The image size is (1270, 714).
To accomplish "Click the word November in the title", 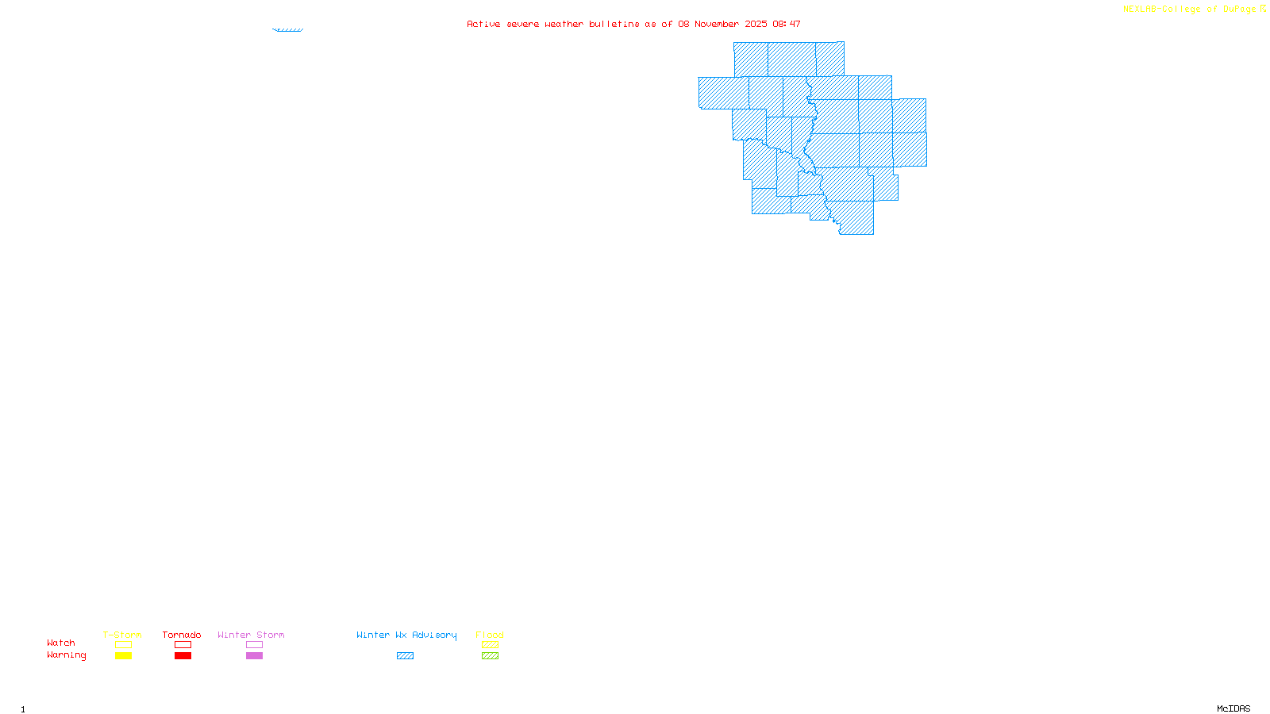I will [717, 24].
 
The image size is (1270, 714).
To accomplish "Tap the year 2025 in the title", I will [756, 24].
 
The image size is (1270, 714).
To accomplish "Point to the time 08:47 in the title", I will [787, 24].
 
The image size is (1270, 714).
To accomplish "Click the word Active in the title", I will [483, 24].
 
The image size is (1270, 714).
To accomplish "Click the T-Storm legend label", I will [122, 635].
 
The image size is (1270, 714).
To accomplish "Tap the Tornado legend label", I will [182, 635].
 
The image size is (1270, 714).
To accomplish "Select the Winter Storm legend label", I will [251, 635].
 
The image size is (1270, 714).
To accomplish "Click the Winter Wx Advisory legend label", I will [406, 635].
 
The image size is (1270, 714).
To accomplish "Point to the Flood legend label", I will [490, 635].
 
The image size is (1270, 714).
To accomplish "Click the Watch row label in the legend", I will [61, 643].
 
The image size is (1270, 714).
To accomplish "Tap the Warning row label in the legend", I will [67, 655].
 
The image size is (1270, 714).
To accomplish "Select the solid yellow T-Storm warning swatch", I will [123, 656].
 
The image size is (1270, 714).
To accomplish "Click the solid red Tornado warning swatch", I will [183, 656].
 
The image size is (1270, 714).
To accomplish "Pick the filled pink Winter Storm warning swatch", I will [254, 656].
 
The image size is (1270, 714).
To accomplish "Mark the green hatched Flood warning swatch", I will [491, 656].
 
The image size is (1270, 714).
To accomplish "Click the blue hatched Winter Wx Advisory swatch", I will [405, 656].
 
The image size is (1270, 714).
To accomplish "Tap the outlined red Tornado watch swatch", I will [183, 645].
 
